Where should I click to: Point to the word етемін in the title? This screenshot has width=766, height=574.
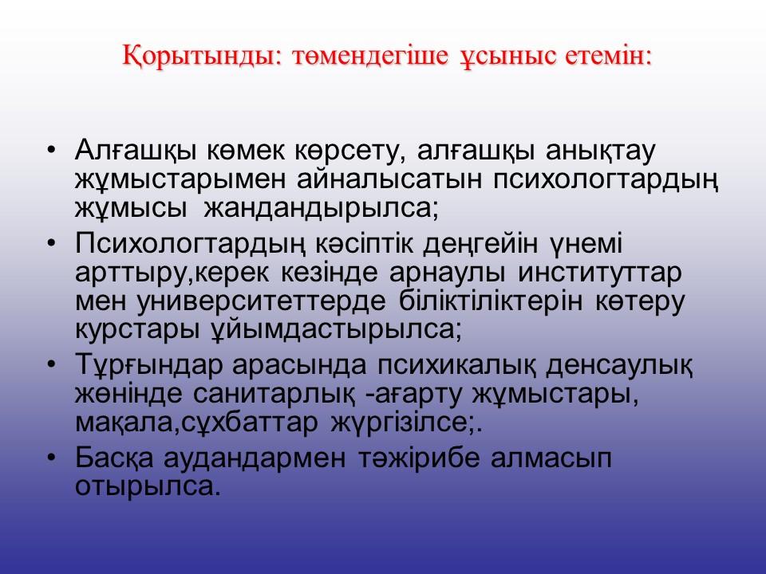tap(604, 55)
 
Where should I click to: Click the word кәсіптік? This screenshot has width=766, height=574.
tap(364, 244)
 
